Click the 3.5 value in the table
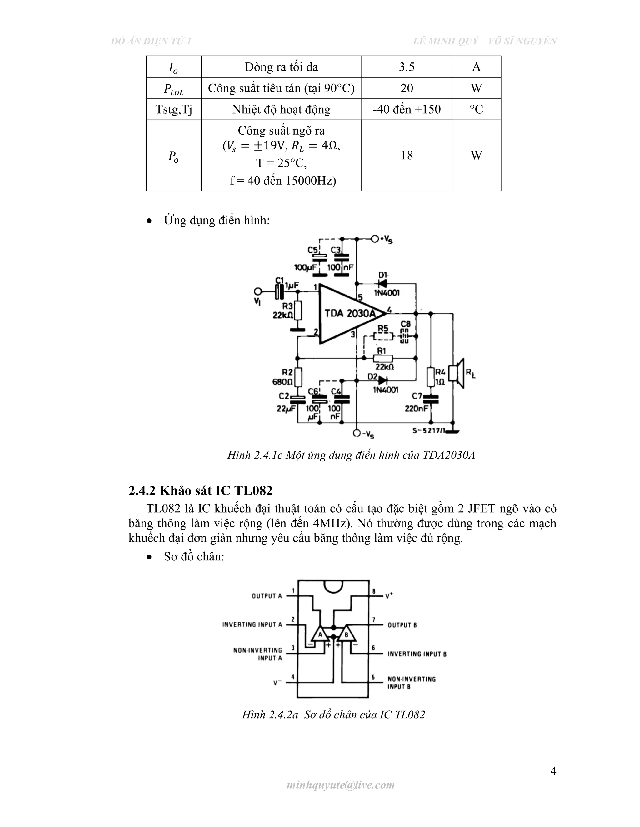407,67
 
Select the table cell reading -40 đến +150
407,110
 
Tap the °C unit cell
476,110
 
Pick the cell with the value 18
407,155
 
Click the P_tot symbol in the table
173,89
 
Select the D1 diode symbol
382,283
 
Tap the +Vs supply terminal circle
375,239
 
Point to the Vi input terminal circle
258,291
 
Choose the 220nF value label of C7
417,409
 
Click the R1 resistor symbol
383,359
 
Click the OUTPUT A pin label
267,596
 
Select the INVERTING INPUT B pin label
417,654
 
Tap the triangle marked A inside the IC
320,634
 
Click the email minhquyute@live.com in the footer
341,785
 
